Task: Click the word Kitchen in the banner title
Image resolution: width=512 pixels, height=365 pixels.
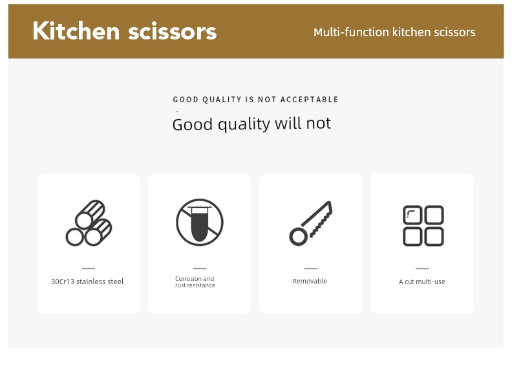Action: click(x=76, y=30)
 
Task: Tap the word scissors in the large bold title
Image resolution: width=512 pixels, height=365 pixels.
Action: click(x=173, y=32)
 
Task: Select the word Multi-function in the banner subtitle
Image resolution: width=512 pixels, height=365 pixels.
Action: click(x=351, y=32)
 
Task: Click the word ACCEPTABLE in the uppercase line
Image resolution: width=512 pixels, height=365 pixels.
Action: click(x=309, y=99)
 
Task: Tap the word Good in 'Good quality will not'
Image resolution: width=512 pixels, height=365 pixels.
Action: click(x=193, y=124)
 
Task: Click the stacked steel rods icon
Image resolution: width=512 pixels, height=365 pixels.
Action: click(x=89, y=223)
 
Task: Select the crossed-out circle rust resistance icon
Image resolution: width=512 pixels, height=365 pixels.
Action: click(x=200, y=222)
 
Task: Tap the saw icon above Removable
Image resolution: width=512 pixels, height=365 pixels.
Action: click(x=310, y=223)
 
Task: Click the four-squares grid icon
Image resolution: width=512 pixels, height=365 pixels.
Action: click(x=423, y=225)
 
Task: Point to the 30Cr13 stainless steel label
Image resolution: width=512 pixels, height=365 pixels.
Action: click(x=87, y=282)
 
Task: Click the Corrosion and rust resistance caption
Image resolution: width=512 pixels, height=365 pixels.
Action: click(x=195, y=282)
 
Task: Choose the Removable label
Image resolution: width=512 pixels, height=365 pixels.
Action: click(x=310, y=281)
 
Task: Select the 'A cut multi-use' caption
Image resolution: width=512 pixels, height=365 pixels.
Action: click(x=422, y=282)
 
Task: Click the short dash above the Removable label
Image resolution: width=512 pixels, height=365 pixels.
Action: click(x=311, y=269)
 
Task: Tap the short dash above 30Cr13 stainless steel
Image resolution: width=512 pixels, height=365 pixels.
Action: click(x=89, y=269)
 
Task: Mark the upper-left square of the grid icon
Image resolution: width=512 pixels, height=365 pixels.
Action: click(x=412, y=215)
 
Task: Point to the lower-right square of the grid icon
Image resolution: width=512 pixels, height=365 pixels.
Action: click(x=434, y=236)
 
